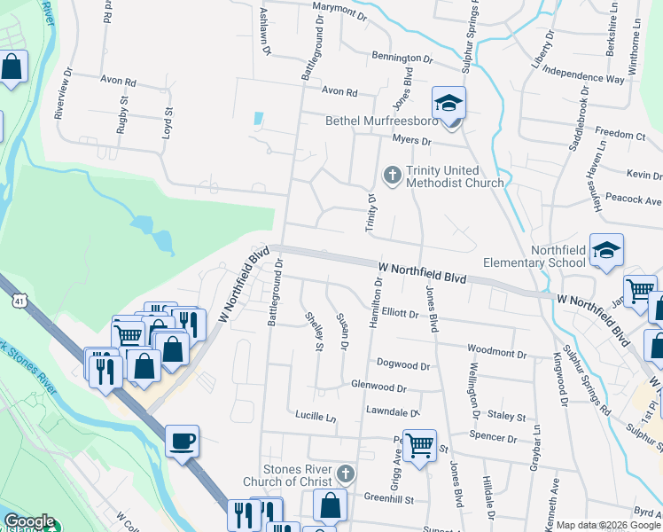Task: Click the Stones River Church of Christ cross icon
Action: pos(346,474)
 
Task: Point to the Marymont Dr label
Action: pos(340,15)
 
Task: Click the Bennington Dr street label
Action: pos(402,57)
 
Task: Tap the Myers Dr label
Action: pos(411,141)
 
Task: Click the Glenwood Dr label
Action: pos(378,387)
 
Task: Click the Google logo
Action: pos(29,521)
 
